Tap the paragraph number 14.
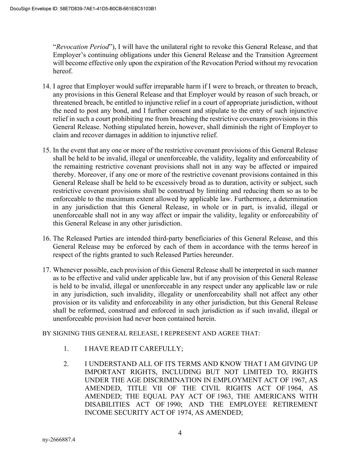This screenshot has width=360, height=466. coord(46,86)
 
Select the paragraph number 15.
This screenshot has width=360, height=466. coord(46,151)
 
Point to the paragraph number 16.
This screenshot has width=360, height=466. coord(46,239)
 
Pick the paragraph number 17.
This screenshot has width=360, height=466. coord(46,270)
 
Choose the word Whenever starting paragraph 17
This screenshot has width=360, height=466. coord(67,270)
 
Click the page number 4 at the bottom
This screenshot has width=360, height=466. coord(180,434)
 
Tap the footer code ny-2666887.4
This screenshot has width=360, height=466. coord(59,440)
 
